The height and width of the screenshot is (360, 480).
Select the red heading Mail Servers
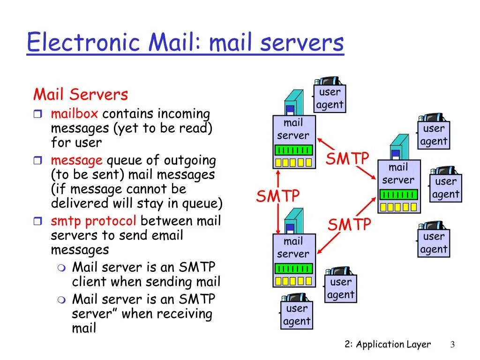(80, 95)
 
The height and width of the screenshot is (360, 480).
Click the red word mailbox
(75, 114)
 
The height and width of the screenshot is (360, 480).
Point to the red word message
(76, 160)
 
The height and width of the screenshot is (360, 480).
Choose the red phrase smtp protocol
(94, 221)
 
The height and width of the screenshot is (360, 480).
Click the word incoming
(184, 114)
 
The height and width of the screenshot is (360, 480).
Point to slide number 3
(453, 345)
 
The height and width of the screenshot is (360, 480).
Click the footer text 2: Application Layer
(387, 345)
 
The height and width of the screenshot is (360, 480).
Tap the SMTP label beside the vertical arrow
(278, 196)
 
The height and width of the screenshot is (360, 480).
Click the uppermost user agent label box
(330, 98)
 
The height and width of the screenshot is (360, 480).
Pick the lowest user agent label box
(297, 315)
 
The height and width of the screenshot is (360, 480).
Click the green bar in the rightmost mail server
(399, 194)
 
